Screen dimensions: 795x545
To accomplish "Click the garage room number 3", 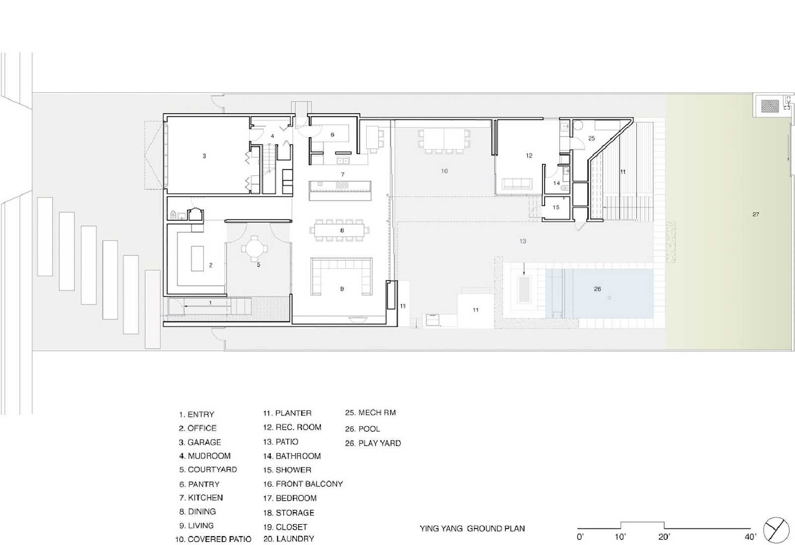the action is (204, 156).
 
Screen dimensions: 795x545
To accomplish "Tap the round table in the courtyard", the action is (255, 249).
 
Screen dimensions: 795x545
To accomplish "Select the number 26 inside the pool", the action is (598, 289).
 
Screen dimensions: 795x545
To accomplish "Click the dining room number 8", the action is (342, 230).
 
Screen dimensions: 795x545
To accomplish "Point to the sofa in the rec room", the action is (516, 184).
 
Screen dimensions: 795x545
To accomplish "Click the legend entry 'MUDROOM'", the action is (209, 456).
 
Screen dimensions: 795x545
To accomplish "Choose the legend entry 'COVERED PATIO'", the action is (219, 539).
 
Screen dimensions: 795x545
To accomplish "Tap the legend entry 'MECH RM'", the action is (377, 413).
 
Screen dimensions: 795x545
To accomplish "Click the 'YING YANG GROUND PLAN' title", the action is (472, 528).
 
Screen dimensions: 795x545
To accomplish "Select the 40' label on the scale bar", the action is (750, 537).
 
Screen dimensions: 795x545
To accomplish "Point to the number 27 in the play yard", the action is (756, 214).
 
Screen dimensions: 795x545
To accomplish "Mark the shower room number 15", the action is (556, 208).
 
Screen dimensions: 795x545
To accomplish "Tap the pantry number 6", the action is (332, 135).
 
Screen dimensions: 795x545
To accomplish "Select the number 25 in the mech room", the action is (591, 138).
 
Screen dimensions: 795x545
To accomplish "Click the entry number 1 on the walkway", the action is (211, 303).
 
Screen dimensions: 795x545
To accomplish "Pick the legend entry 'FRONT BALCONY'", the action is (310, 484).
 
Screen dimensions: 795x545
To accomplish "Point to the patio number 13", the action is (522, 241).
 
